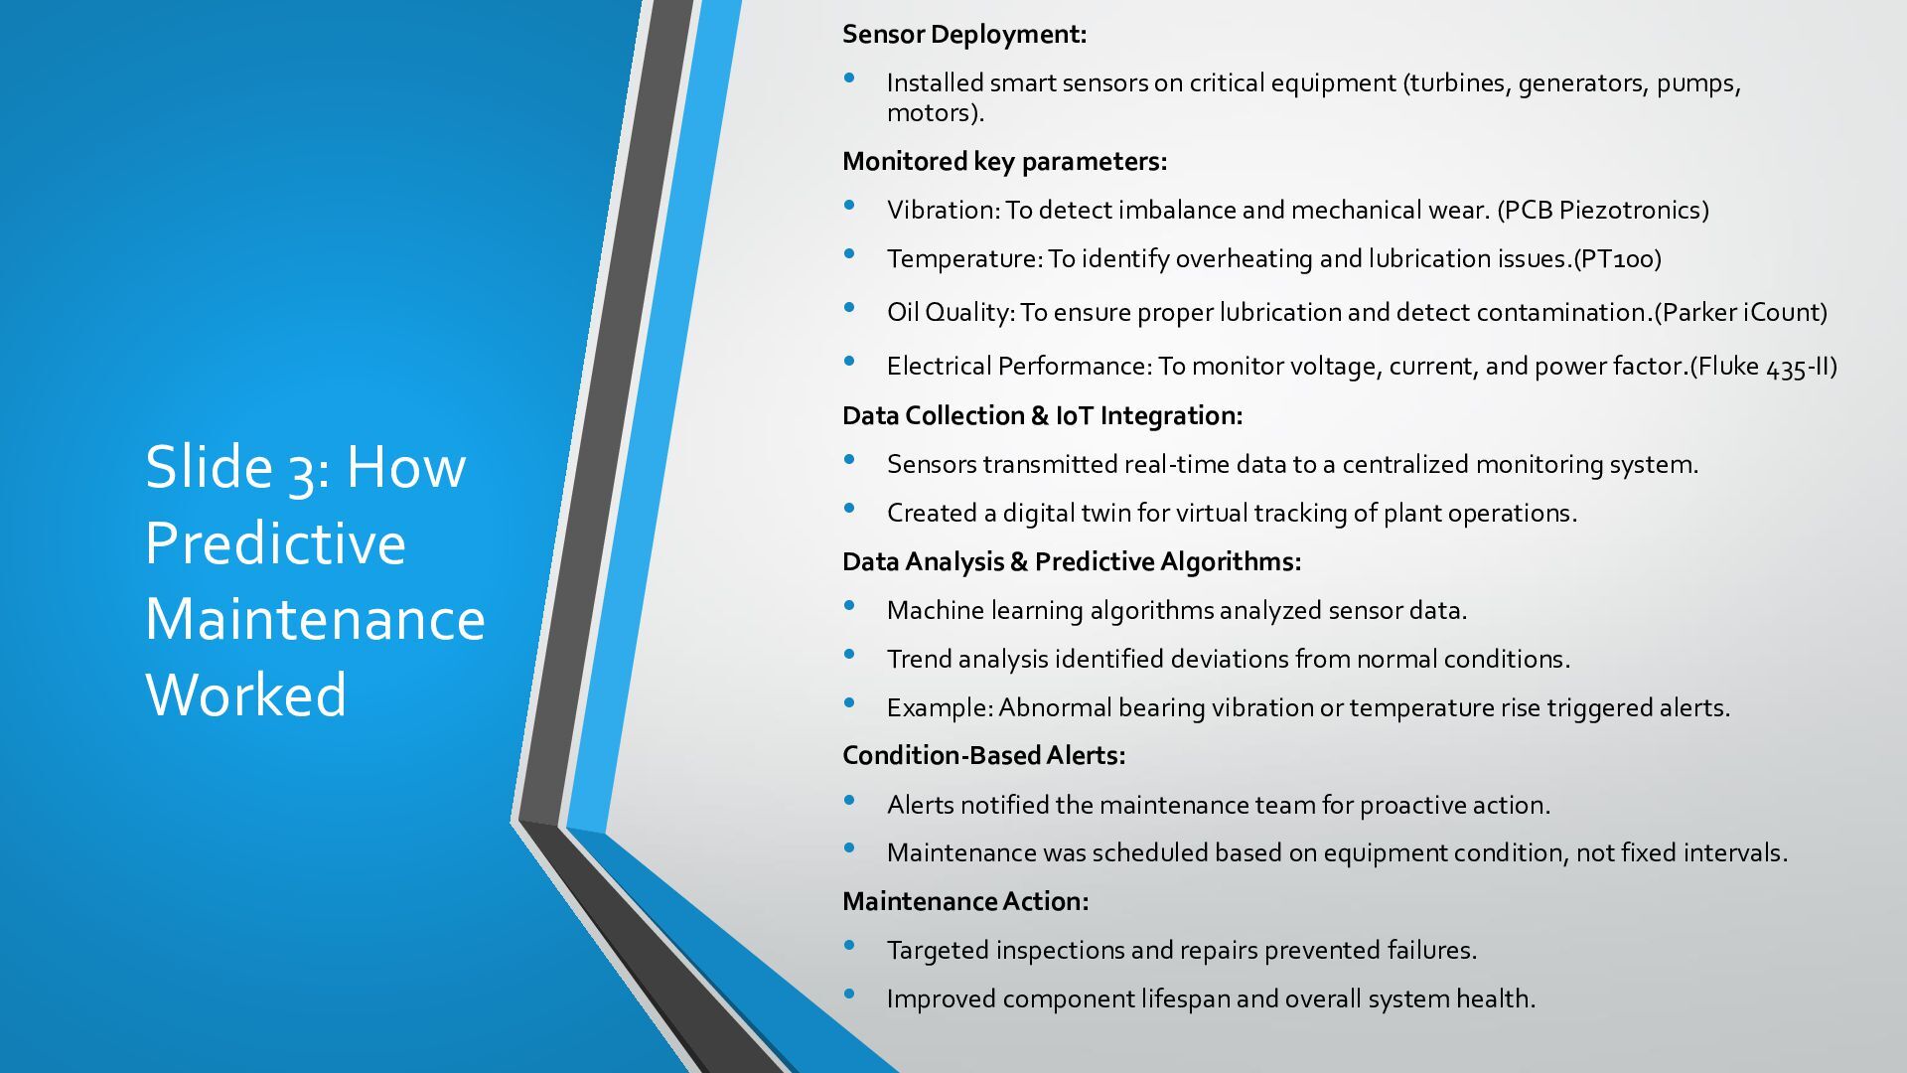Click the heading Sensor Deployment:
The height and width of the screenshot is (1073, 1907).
pyautogui.click(x=963, y=35)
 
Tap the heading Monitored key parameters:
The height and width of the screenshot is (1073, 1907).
pyautogui.click(x=1004, y=162)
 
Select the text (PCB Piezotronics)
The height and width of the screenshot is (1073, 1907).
pyautogui.click(x=1603, y=211)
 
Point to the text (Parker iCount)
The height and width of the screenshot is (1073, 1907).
pyautogui.click(x=1740, y=313)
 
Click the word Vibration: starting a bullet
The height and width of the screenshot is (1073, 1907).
pyautogui.click(x=943, y=211)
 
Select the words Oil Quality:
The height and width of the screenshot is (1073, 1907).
pyautogui.click(x=951, y=313)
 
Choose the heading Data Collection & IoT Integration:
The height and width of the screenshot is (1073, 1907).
pyautogui.click(x=1042, y=416)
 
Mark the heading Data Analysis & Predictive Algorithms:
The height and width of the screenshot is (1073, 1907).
pyautogui.click(x=1071, y=562)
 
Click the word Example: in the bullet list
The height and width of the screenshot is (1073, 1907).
pyautogui.click(x=940, y=708)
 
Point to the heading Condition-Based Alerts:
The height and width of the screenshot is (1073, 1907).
pyautogui.click(x=983, y=756)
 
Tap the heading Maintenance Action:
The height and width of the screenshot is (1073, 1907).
pyautogui.click(x=964, y=902)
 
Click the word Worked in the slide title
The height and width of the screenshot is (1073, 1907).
pyautogui.click(x=246, y=694)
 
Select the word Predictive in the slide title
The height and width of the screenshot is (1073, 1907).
pyautogui.click(x=275, y=542)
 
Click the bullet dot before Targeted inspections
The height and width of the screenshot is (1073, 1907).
pyautogui.click(x=849, y=946)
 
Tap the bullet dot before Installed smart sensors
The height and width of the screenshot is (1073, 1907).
pyautogui.click(x=849, y=78)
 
